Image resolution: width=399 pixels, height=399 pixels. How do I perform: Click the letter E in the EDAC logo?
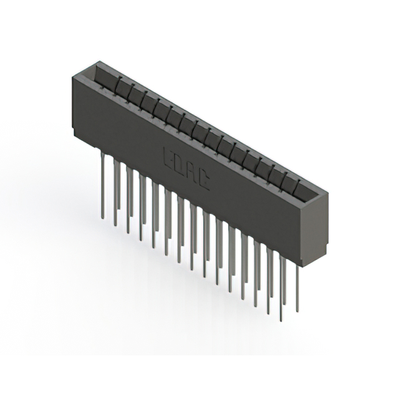click(x=168, y=156)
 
